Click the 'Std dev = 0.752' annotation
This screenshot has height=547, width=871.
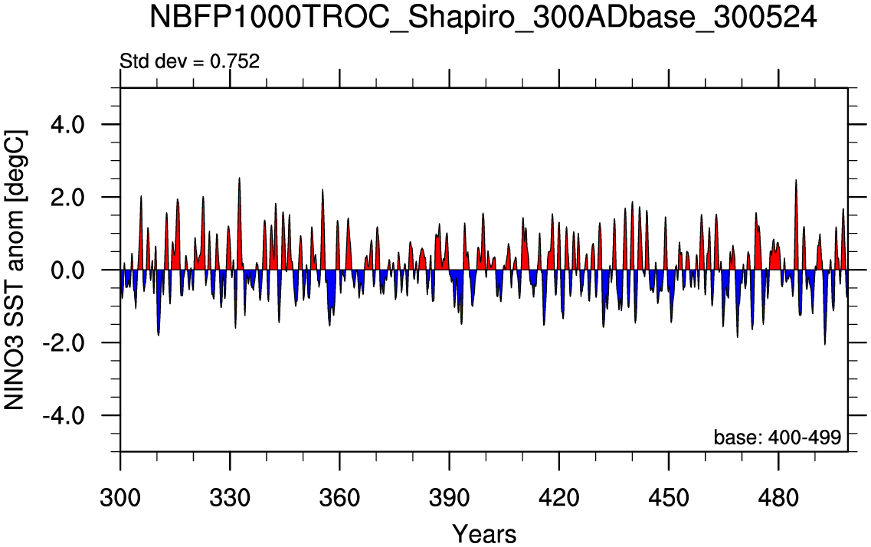click(190, 61)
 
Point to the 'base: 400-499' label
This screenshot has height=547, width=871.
click(777, 437)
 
